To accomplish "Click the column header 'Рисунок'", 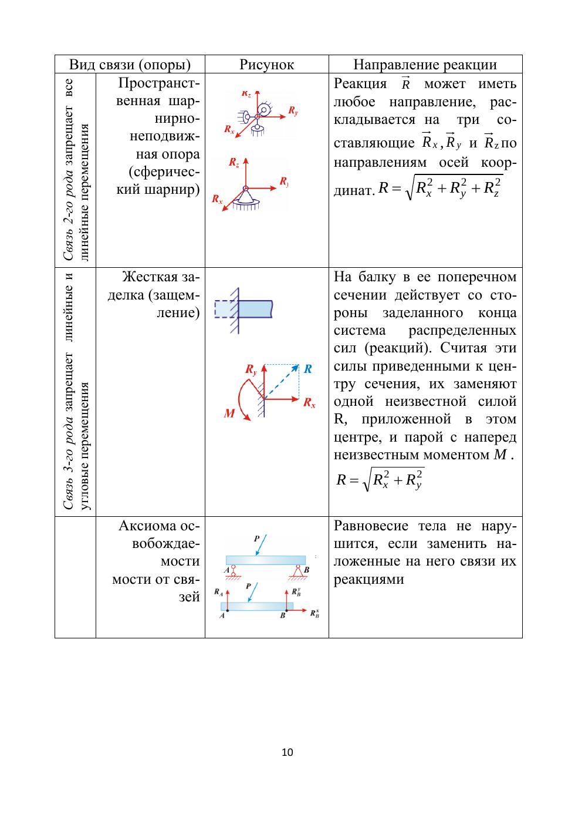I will (266, 65).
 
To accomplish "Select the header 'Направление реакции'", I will (425, 65).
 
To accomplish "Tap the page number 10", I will (287, 752).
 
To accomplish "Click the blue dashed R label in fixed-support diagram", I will (307, 369).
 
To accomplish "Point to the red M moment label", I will (229, 413).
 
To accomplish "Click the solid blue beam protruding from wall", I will (256, 309).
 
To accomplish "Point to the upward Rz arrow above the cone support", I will (245, 170).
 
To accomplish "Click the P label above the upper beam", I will (257, 538).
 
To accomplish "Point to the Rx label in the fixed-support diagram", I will (309, 403).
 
